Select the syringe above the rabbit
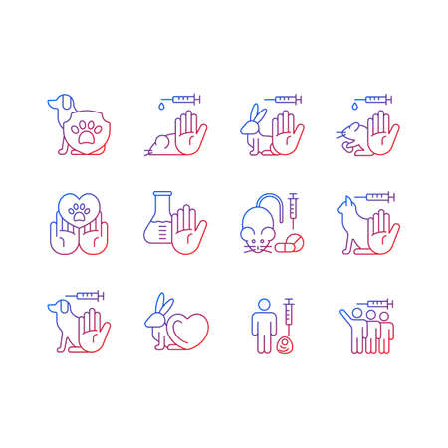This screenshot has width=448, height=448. click(283, 99)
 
